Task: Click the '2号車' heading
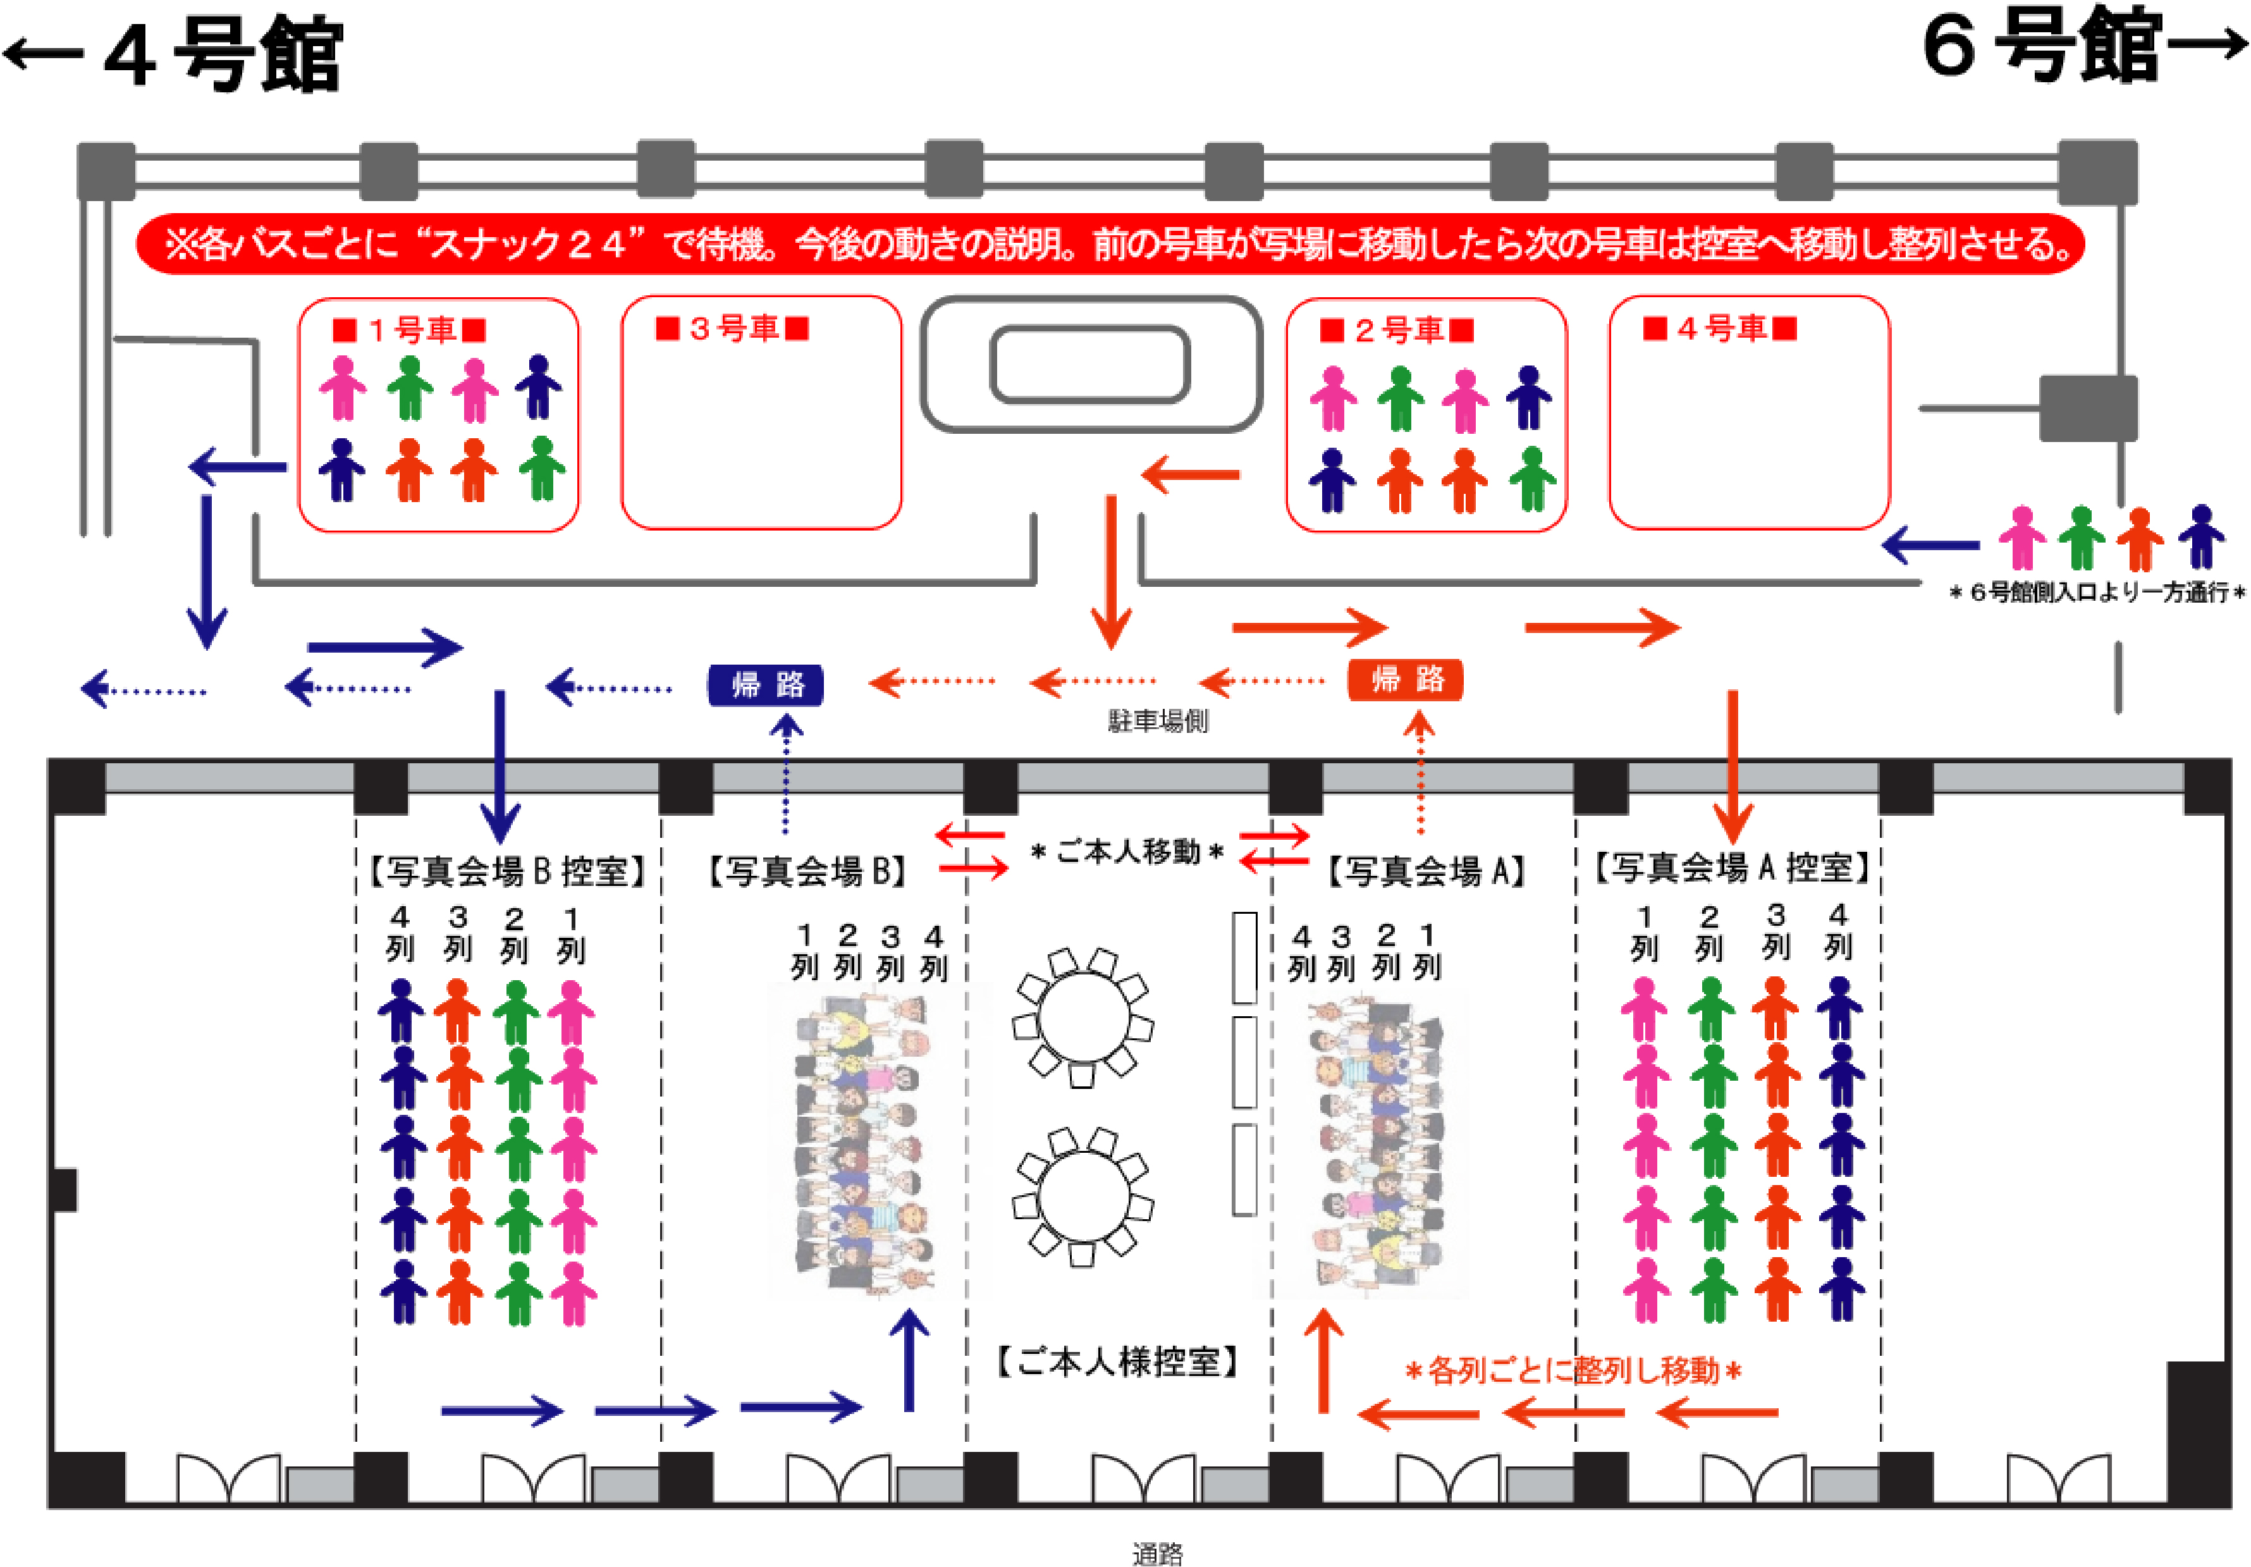coord(1397,331)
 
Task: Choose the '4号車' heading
coord(1720,328)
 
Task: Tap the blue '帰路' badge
coord(766,684)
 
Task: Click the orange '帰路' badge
coord(1405,679)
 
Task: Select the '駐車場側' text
coord(1158,721)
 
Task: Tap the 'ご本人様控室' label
coord(1119,1361)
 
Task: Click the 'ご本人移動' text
coord(1127,851)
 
